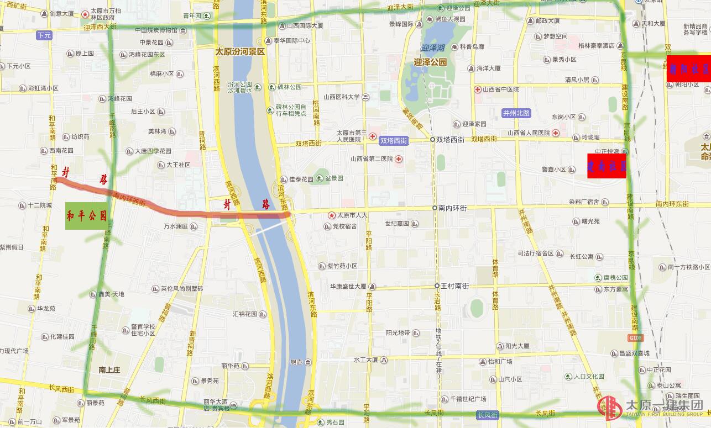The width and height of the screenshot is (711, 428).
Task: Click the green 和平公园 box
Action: (x=87, y=215)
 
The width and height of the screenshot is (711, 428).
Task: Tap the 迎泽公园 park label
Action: (x=430, y=62)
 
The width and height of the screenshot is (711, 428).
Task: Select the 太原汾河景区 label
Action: (x=240, y=52)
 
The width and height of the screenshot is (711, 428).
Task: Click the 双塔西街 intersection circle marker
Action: (x=432, y=140)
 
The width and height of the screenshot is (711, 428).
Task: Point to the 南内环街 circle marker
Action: (x=435, y=208)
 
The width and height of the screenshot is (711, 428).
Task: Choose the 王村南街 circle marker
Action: (x=436, y=286)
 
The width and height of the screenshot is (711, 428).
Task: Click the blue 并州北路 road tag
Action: (x=516, y=113)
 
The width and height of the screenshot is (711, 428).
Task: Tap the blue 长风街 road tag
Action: (x=488, y=415)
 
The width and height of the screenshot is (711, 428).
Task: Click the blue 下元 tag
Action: (x=44, y=35)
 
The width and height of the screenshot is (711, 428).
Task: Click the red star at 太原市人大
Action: (x=331, y=215)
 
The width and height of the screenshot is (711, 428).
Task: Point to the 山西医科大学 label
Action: (x=342, y=97)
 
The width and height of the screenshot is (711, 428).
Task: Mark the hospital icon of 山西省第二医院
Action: (x=398, y=159)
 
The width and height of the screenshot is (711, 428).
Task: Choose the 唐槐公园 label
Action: (x=615, y=278)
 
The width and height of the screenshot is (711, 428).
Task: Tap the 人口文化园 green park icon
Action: (x=568, y=377)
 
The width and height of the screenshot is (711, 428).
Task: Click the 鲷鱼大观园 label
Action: (x=449, y=19)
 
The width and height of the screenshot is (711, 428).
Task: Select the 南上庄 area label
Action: (x=109, y=369)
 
